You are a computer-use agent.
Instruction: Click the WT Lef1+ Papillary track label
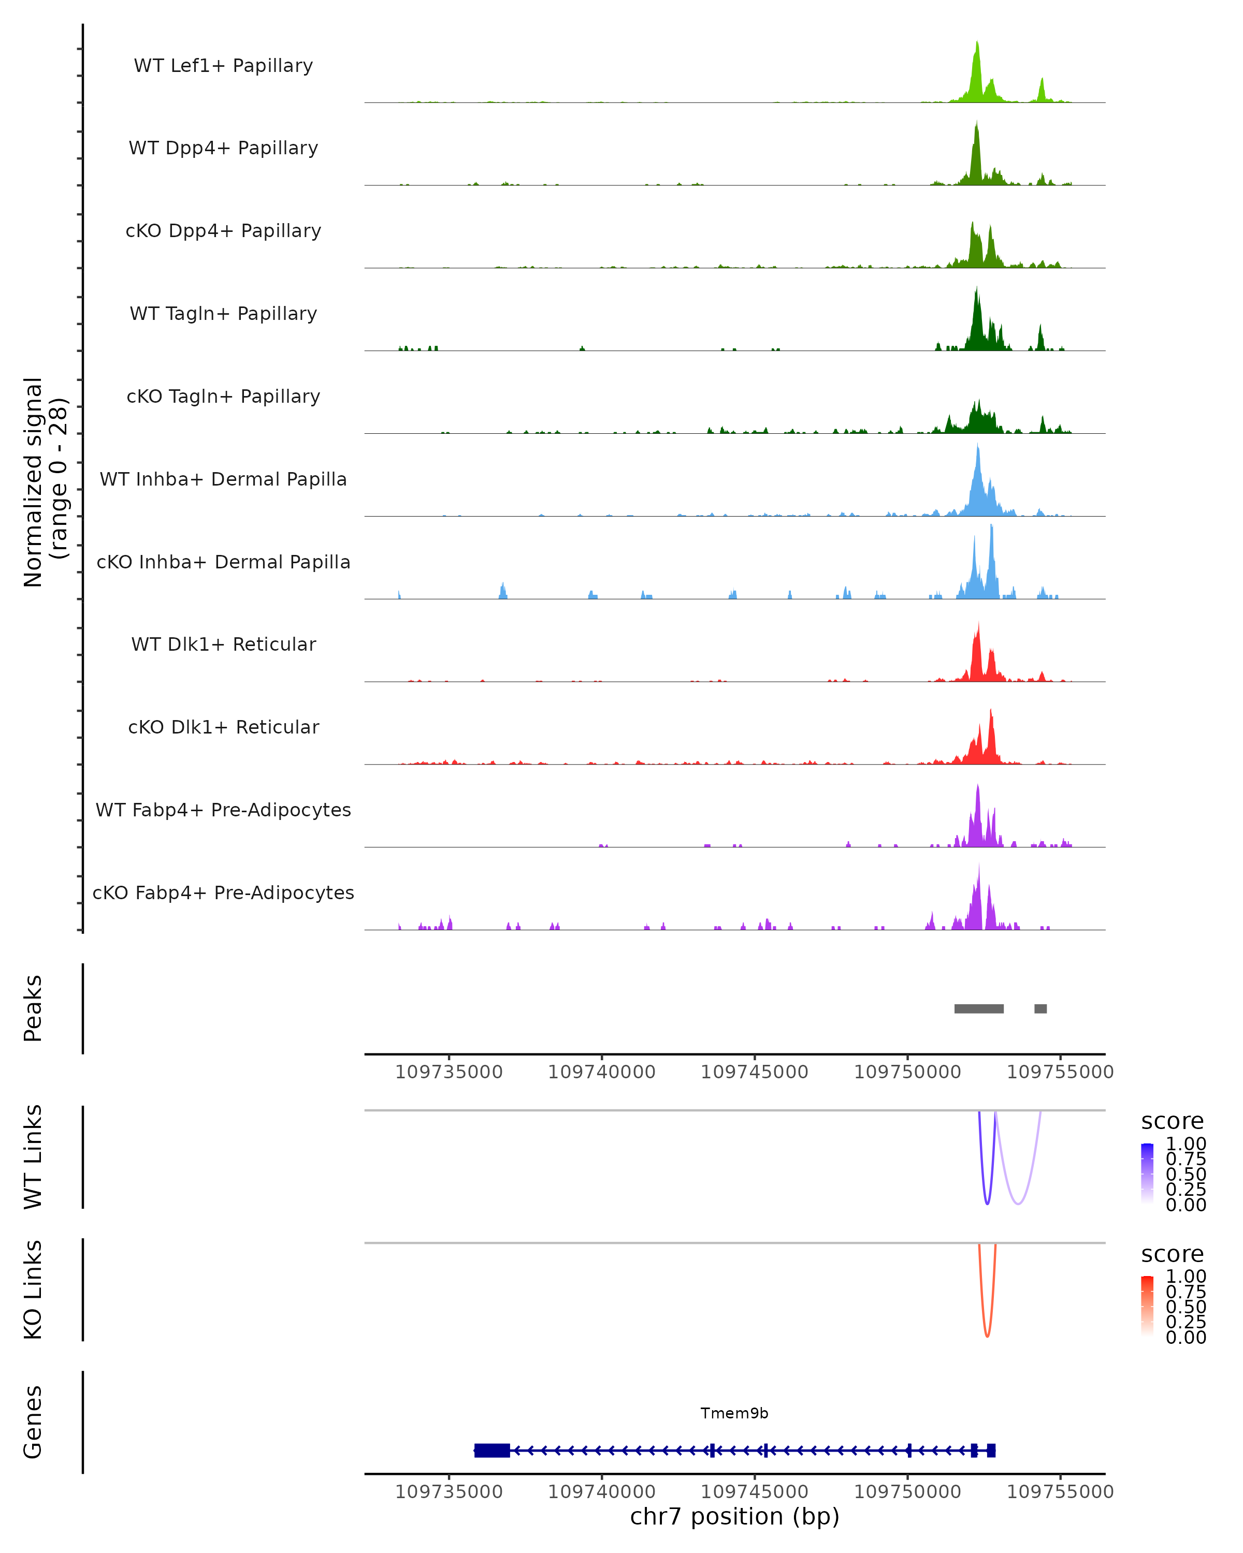click(x=223, y=66)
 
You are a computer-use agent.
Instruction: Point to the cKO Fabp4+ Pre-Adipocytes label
click(x=223, y=892)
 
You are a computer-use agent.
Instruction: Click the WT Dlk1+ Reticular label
click(x=223, y=644)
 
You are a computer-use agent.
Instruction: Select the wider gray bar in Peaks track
click(x=978, y=1008)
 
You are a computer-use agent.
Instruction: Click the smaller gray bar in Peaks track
click(x=1040, y=1008)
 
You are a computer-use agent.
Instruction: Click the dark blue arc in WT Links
click(x=987, y=1202)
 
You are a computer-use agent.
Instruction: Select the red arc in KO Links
click(x=987, y=1335)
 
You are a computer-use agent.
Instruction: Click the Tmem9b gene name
click(x=734, y=1413)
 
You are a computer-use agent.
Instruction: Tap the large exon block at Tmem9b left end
click(x=492, y=1451)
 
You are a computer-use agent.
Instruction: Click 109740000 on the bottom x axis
click(x=602, y=1492)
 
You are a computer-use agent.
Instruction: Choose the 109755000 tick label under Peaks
click(x=1060, y=1072)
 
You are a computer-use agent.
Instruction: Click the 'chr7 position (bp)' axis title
click(x=734, y=1517)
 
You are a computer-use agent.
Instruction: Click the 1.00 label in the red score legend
click(x=1186, y=1277)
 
